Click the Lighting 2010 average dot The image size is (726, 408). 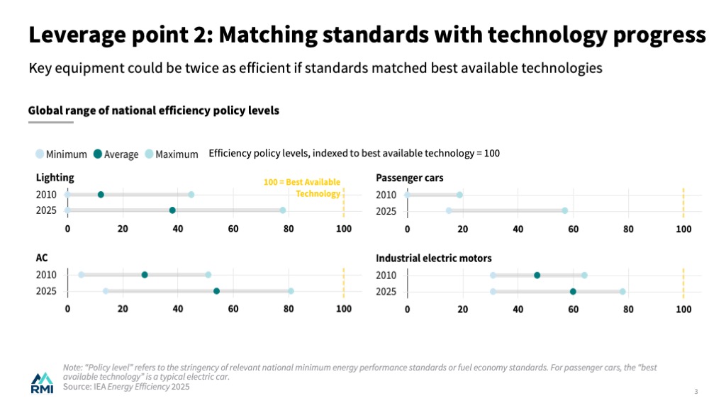point(101,195)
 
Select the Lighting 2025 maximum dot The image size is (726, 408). point(282,210)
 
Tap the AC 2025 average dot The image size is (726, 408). point(216,290)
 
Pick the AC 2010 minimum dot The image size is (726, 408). point(81,275)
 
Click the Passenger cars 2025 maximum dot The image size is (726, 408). point(564,210)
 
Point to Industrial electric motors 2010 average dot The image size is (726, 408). point(537,275)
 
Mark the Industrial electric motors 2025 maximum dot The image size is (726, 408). point(622,291)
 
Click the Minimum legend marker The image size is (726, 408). point(40,154)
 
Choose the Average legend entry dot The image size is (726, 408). point(98,154)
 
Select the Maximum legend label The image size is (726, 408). point(177,154)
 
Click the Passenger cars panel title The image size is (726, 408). point(409,178)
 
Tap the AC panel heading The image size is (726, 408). point(42,258)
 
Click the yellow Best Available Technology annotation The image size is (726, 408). point(302,188)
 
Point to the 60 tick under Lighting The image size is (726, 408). point(233,229)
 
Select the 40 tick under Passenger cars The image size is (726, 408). point(518,229)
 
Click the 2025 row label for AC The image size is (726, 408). point(47,291)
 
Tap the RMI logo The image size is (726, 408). point(42,382)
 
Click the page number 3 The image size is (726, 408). point(696,392)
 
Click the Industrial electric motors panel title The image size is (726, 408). point(433,258)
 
